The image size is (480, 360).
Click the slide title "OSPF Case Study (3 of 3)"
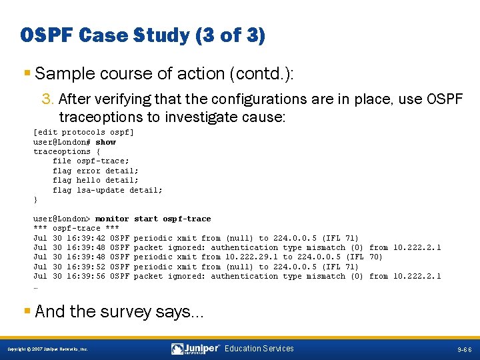[x=143, y=35]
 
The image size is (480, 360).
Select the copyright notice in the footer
[x=47, y=349]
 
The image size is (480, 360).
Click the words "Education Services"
[x=259, y=349]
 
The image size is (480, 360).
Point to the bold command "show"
[x=105, y=142]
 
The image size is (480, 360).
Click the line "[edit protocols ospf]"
[x=83, y=133]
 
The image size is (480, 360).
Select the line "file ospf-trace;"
[x=91, y=161]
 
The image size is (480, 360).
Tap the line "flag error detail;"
[x=96, y=171]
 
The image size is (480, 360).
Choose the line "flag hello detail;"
[x=96, y=180]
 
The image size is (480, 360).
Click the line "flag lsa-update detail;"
[x=108, y=190]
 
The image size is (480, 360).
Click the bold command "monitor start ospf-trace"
[x=153, y=219]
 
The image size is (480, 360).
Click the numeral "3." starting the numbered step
[x=48, y=99]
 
